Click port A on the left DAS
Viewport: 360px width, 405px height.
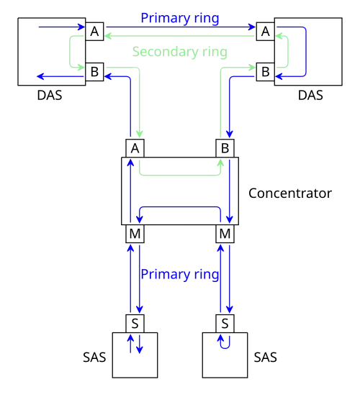click(94, 32)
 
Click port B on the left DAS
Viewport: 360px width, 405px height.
click(94, 72)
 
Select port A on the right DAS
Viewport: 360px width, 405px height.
click(266, 32)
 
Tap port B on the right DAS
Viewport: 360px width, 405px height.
click(266, 72)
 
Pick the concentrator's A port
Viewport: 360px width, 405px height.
click(135, 148)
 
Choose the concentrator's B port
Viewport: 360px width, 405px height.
click(225, 148)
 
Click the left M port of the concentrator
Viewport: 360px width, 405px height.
click(135, 234)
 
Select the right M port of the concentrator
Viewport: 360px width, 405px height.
click(225, 234)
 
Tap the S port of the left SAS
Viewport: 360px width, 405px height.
click(135, 324)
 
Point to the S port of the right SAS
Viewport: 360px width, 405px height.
click(225, 324)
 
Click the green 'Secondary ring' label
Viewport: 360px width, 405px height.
click(180, 52)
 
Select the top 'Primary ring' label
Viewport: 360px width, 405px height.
click(180, 18)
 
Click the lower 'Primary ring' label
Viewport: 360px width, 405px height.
click(180, 274)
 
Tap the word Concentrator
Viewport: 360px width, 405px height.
click(290, 194)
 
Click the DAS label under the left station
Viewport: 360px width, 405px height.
click(50, 95)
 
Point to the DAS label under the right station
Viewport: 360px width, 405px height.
click(310, 95)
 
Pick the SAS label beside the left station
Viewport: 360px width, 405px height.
click(94, 358)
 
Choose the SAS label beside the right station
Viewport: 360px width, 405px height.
click(266, 358)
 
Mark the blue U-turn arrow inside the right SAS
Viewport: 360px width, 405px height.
click(225, 348)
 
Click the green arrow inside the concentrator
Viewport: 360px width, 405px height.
click(180, 176)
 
